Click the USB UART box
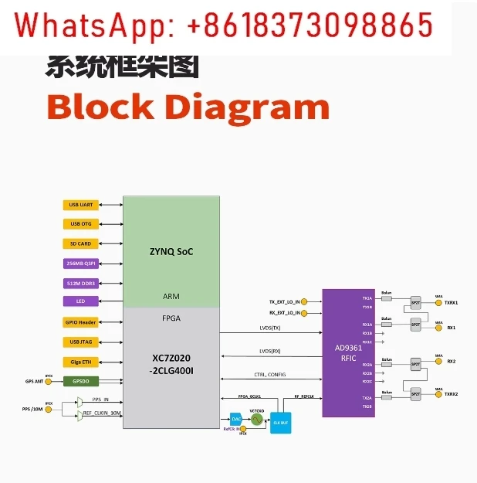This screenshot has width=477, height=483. pos(81,205)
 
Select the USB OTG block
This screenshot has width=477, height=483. pos(81,224)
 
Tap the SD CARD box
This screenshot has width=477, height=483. pos(81,243)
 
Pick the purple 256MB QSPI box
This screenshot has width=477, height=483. pos(81,263)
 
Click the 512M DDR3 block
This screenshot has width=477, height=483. pos(81,283)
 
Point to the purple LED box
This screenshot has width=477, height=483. pos(81,301)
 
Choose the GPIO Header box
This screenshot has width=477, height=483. pos(81,322)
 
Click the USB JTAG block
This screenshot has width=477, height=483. pos(81,342)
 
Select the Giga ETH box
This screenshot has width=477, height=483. pos(81,362)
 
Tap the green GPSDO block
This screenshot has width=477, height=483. pos(81,381)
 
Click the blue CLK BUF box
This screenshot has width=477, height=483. pos(279,423)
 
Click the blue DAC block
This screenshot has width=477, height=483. pos(236,419)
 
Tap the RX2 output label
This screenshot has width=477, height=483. pos(451,362)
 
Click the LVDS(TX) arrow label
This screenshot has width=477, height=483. pos(270,328)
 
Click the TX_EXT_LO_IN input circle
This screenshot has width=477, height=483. pos(306,301)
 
